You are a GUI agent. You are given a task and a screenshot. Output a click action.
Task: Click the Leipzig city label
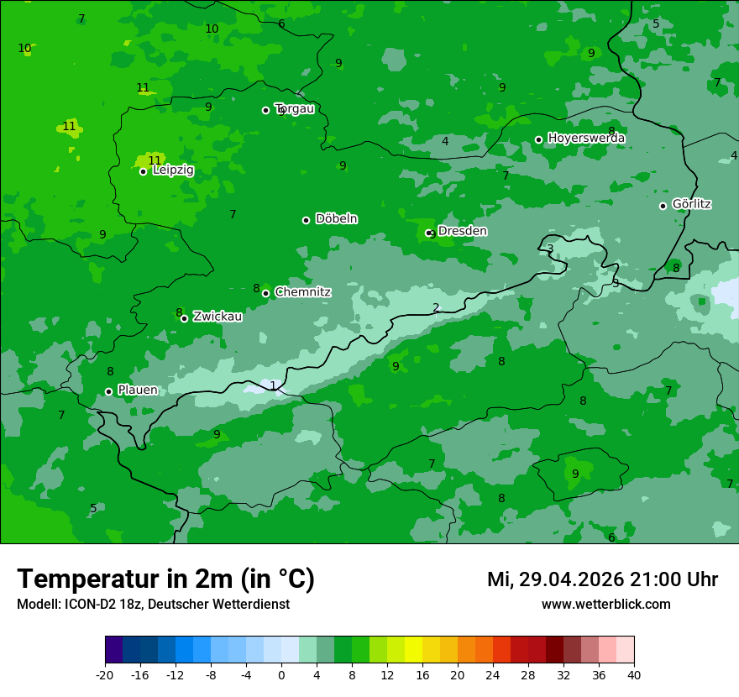click(173, 170)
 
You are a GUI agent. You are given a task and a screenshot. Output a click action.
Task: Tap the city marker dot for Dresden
click(428, 233)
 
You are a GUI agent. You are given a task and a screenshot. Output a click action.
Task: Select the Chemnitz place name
click(302, 292)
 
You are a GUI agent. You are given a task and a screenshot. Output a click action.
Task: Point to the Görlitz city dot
click(663, 206)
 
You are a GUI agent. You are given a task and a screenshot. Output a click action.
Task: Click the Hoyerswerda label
click(586, 138)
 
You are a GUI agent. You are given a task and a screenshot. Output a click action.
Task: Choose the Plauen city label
click(138, 390)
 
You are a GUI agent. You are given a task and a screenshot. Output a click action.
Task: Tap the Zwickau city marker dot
click(184, 318)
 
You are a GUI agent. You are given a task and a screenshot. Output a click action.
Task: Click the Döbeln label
click(336, 219)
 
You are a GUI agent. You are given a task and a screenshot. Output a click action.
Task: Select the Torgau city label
click(294, 108)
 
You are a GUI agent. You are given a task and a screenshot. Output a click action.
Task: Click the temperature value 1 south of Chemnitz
click(273, 385)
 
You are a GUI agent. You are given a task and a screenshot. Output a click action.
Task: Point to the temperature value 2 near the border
click(436, 307)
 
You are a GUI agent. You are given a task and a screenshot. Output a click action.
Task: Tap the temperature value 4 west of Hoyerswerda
click(445, 141)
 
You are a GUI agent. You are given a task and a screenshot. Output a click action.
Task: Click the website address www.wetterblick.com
click(605, 604)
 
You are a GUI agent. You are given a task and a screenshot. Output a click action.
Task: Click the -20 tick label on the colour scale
click(105, 674)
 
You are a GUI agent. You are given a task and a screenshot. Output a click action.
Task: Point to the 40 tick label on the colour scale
click(633, 674)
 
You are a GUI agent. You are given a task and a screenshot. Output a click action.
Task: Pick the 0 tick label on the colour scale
click(281, 674)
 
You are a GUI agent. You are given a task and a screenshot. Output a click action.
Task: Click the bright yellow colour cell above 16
click(413, 651)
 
